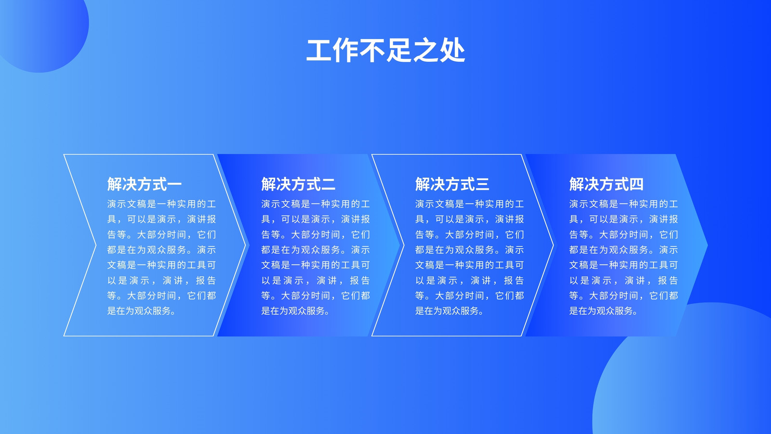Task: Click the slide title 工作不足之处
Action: pos(385,51)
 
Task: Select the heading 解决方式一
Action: pos(144,184)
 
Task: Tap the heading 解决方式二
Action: pos(298,184)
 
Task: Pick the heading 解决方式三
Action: pos(452,184)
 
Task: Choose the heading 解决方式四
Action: pos(606,184)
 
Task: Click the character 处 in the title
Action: pos(452,51)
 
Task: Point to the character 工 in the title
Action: pos(319,51)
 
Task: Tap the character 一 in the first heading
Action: pos(174,185)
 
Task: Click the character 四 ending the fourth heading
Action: pos(637,184)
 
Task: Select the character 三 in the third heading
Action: pos(482,184)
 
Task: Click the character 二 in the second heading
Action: pos(328,184)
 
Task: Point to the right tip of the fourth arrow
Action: pos(708,245)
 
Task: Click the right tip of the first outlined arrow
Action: pos(246,245)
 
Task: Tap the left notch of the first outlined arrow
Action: pos(96,245)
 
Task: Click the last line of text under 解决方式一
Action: pos(141,311)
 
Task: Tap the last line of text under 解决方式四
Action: pos(603,311)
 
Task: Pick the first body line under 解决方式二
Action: pos(315,204)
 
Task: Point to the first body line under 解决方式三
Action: pos(469,204)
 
